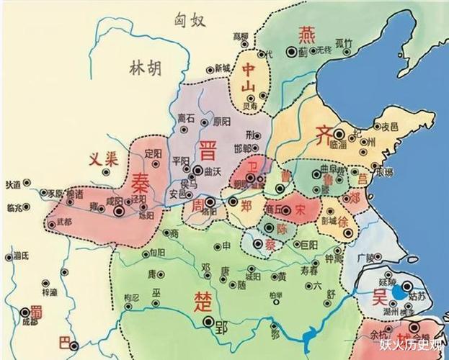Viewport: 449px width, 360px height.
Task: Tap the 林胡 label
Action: [144, 68]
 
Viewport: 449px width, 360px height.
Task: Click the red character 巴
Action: [69, 342]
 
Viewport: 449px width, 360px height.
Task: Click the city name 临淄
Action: [338, 144]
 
